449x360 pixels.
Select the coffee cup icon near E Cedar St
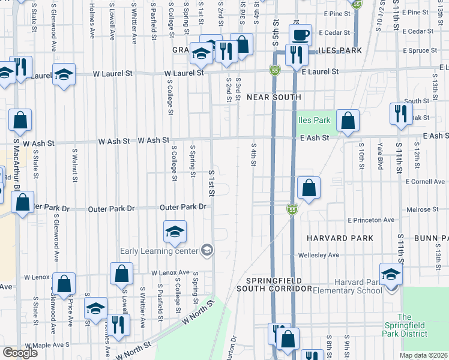pos(300,35)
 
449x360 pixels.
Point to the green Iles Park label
pos(315,120)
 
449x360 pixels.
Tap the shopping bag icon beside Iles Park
pos(348,121)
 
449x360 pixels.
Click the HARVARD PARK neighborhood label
pos(340,238)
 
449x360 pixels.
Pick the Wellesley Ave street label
pos(319,255)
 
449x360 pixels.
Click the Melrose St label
pos(421,209)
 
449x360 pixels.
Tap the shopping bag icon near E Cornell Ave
pos(309,188)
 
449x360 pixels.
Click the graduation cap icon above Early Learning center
pos(175,232)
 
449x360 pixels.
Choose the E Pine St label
pos(336,13)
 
